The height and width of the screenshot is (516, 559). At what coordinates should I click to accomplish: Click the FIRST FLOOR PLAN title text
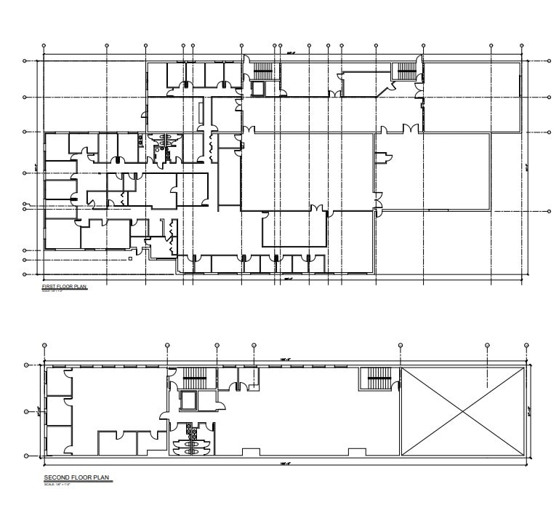pos(65,287)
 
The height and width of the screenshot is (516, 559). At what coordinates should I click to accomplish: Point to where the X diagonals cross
pos(462,412)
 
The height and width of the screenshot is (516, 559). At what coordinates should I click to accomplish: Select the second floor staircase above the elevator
pos(194,379)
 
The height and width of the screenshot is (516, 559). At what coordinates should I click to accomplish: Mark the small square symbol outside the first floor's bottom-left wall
pos(129,258)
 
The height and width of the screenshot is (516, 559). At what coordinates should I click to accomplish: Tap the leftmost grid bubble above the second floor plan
pos(44,344)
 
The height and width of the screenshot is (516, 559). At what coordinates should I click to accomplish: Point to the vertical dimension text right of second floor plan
pos(531,411)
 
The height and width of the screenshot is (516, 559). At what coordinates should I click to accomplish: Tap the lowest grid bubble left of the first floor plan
pos(25,274)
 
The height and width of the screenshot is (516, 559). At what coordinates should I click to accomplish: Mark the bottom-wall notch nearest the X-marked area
pos(353,453)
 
